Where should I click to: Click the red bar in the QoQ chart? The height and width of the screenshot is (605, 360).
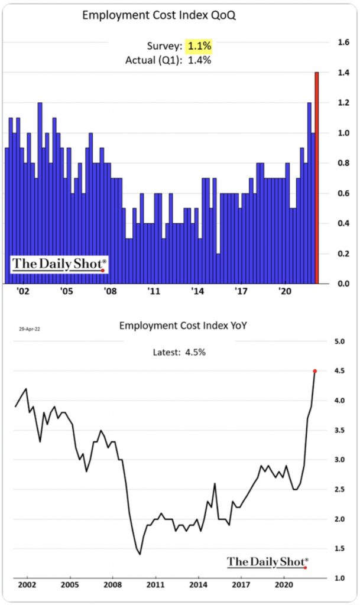point(317,177)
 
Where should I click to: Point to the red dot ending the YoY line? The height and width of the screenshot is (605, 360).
point(315,371)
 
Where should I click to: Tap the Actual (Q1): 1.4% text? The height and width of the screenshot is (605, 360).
point(168,60)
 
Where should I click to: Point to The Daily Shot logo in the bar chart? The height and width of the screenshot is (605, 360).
point(59,265)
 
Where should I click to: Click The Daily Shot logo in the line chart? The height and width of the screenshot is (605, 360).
point(267,561)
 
